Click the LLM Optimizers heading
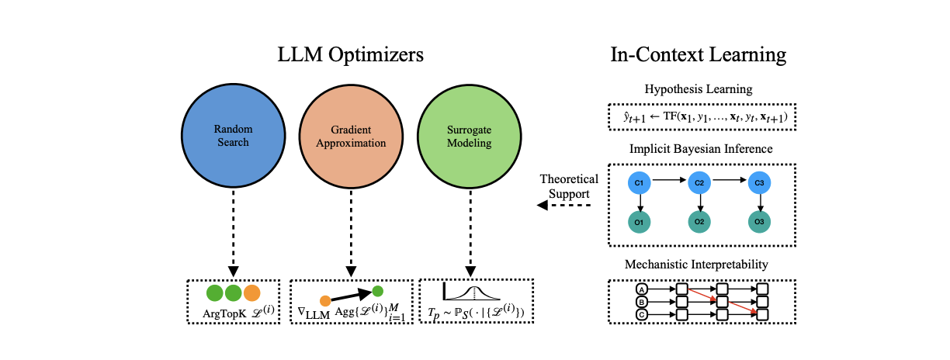351,55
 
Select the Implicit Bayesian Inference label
698,148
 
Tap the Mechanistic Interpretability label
698,265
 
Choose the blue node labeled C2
699,182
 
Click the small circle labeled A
641,289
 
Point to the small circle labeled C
641,314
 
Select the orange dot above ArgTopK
251,293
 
